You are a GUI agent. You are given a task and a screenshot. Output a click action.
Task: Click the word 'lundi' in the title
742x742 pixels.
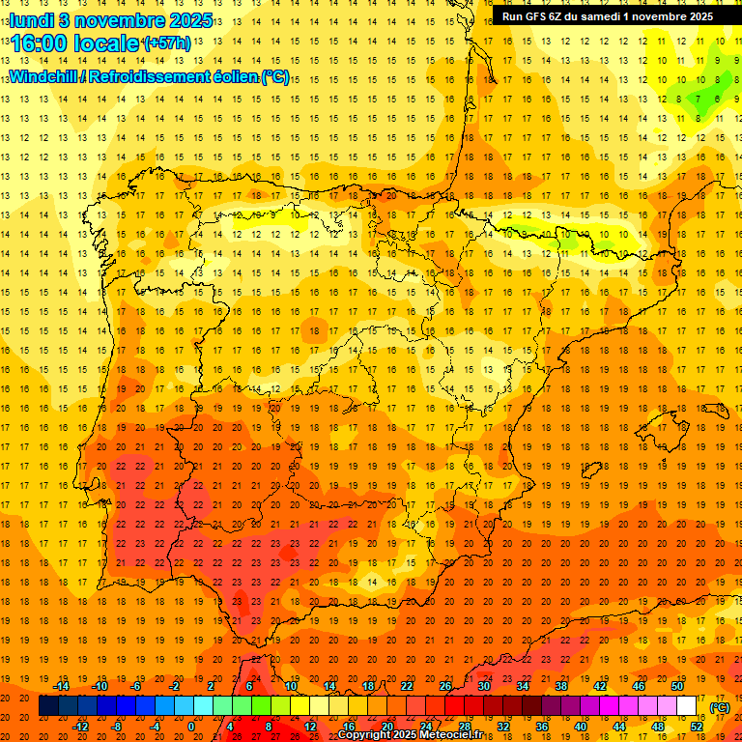pos(31,19)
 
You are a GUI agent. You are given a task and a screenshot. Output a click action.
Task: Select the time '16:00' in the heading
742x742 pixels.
pos(41,43)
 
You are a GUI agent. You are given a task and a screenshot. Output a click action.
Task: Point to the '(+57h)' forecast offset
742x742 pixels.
pos(167,43)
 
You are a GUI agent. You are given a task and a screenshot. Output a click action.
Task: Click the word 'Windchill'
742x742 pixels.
pos(46,76)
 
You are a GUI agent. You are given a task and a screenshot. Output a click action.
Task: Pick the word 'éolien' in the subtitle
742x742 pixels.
pos(228,76)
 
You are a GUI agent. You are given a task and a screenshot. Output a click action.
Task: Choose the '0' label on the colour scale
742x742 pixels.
pos(190,727)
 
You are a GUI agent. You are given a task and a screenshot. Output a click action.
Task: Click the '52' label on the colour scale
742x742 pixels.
pos(698,727)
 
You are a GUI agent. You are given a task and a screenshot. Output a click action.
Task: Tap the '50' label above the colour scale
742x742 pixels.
pos(677,686)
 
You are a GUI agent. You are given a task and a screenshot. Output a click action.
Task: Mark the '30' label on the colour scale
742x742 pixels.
pos(484,686)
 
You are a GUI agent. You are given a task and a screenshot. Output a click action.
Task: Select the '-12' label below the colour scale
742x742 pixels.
pos(80,727)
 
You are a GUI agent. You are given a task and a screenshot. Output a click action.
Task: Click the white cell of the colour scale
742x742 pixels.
pos(687,706)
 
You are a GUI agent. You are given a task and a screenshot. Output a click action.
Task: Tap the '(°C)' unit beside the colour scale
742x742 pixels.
pos(720,706)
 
